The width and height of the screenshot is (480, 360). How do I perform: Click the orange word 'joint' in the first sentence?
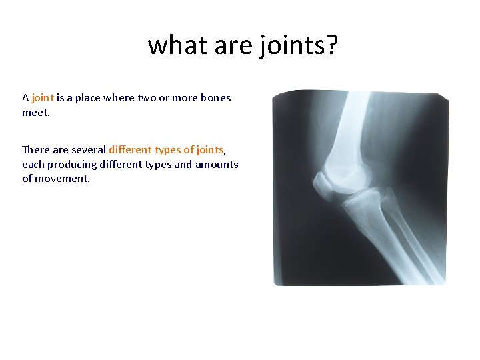(x=43, y=98)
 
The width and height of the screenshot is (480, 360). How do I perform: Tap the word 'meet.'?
(x=36, y=113)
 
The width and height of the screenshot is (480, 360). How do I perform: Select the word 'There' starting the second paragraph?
(x=35, y=150)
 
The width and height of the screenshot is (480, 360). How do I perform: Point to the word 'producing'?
(x=72, y=164)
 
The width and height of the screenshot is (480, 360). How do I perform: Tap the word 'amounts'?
(x=217, y=164)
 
